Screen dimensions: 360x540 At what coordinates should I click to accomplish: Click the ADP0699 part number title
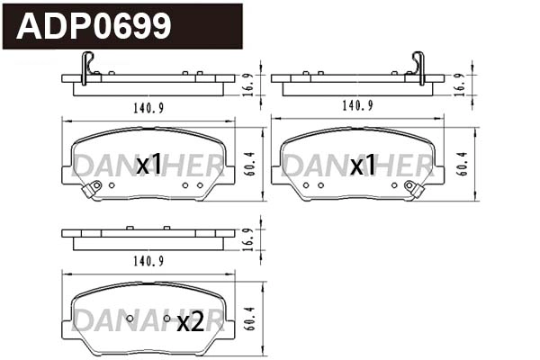(94, 26)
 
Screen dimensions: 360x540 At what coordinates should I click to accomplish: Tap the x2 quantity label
(189, 322)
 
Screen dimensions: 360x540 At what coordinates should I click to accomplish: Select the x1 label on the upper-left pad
(148, 164)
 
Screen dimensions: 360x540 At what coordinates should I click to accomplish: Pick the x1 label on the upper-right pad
(363, 165)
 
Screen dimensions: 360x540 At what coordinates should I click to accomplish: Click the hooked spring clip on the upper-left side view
(85, 67)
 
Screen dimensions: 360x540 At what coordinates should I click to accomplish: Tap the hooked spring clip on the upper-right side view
(418, 67)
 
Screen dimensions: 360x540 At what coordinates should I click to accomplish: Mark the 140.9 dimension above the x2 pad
(146, 261)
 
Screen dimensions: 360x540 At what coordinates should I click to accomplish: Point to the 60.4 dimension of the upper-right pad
(462, 162)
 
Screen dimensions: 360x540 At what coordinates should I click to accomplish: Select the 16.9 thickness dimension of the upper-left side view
(249, 84)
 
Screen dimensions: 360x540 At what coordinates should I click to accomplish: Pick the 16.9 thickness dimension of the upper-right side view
(460, 84)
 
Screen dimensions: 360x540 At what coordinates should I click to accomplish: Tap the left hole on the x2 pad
(130, 319)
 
